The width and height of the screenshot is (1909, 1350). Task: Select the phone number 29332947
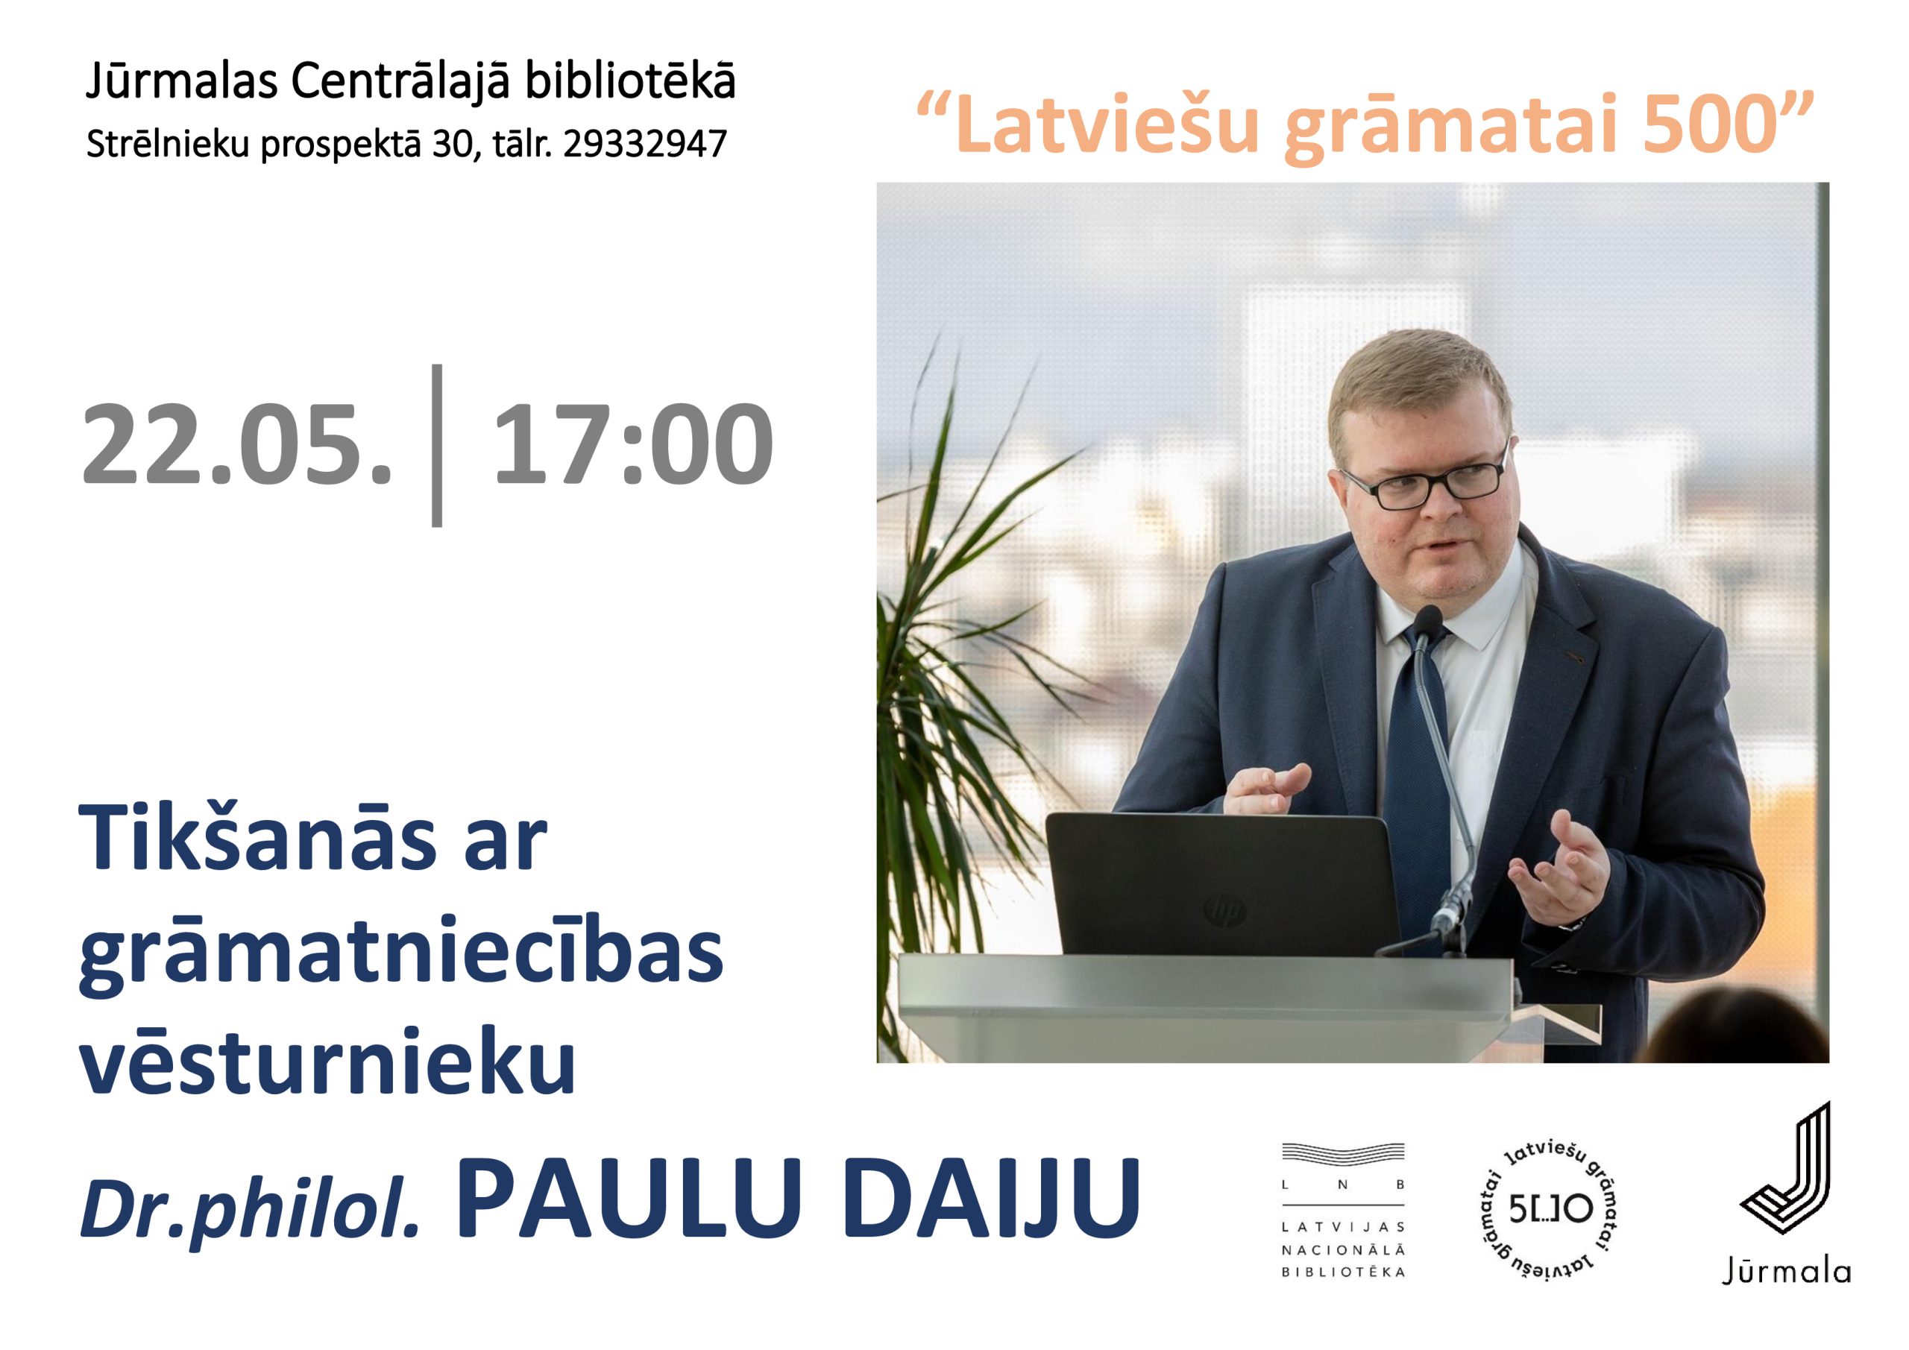pyautogui.click(x=645, y=144)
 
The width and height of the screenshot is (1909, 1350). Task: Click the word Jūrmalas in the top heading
pyautogui.click(x=180, y=81)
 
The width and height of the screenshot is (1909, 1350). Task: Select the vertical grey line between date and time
pyautogui.click(x=437, y=446)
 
